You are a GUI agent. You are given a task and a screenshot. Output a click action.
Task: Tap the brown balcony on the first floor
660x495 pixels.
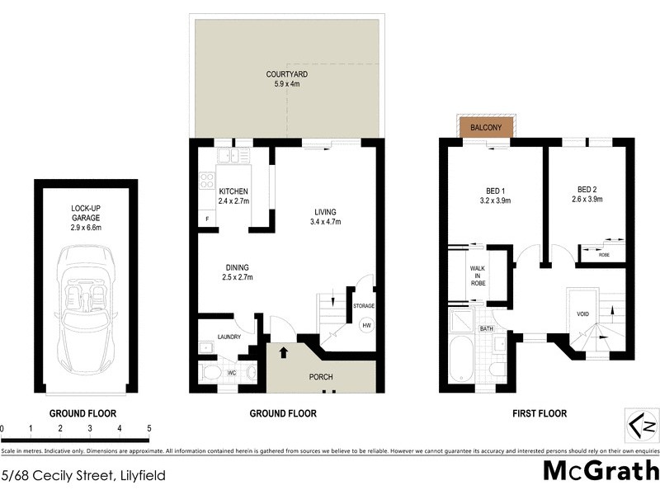tap(488, 128)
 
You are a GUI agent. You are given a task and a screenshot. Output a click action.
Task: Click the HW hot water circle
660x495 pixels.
tap(365, 325)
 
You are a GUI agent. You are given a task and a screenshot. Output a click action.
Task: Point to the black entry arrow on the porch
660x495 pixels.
tap(284, 353)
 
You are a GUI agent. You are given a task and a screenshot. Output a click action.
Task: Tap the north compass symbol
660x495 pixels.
tap(641, 426)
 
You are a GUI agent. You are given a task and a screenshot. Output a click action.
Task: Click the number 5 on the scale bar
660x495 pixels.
tap(148, 429)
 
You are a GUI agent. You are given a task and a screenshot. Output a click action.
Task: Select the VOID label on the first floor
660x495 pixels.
tap(582, 313)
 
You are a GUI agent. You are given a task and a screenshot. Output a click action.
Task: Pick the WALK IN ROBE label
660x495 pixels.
tap(478, 276)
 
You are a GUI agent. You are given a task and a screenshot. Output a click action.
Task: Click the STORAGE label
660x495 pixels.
tap(364, 306)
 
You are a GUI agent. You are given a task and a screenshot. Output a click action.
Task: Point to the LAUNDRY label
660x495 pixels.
tap(229, 337)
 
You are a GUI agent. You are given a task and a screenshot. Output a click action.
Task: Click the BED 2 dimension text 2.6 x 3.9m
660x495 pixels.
tap(587, 199)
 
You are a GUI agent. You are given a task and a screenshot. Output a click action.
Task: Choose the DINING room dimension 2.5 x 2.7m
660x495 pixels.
tap(238, 278)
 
